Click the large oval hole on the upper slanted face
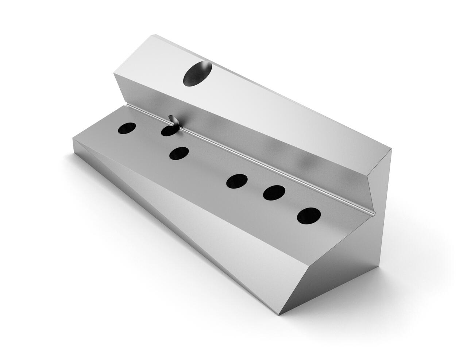(197, 74)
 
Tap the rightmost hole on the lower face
(309, 216)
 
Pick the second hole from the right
(274, 193)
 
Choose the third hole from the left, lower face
(179, 153)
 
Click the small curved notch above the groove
(171, 119)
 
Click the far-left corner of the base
(73, 138)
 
